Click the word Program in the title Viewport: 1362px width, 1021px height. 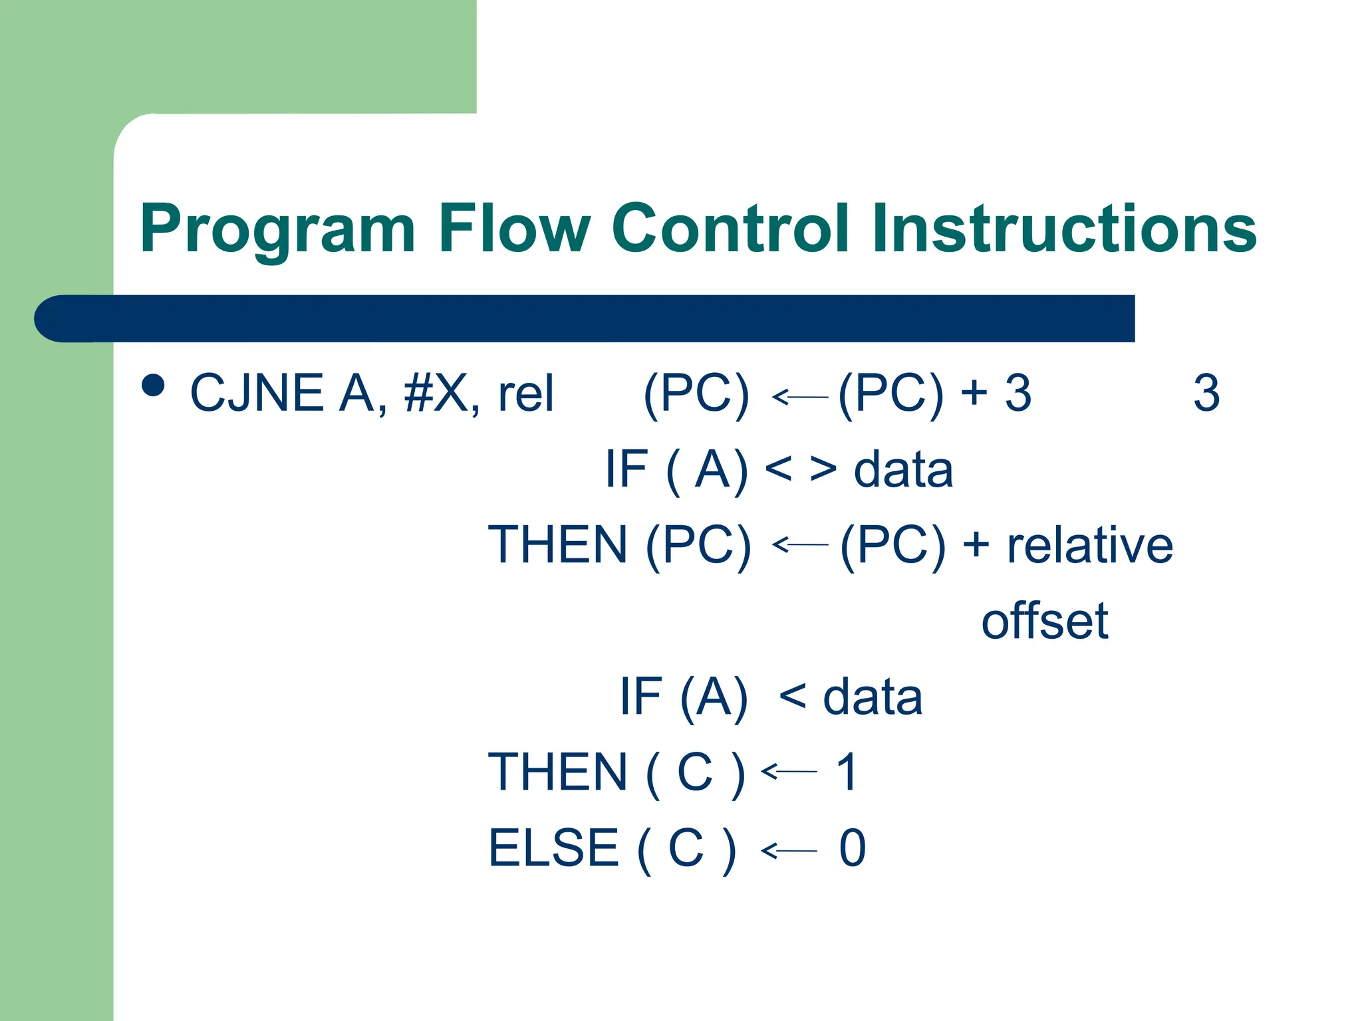(277, 229)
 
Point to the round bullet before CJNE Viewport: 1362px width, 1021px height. (153, 386)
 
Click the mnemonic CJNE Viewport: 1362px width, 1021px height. (257, 393)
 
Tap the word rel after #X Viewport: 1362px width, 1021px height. (525, 393)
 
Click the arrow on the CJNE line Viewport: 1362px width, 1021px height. (799, 397)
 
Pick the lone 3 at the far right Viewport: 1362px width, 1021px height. (1206, 393)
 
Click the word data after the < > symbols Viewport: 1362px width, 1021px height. (902, 469)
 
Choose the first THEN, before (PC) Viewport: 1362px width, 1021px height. (558, 544)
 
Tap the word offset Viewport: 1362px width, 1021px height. (1044, 621)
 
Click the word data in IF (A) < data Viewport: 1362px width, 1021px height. (872, 697)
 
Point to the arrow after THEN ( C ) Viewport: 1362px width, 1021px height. (789, 771)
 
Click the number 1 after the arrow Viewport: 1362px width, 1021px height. (847, 772)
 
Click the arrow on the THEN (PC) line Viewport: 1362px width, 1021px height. (799, 544)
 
